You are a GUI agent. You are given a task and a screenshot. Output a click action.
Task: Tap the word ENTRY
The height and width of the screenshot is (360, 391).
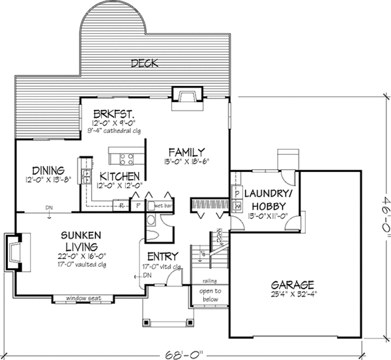pos(159,256)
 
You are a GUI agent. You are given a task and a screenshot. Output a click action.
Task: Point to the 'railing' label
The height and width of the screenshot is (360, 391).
pos(209,282)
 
